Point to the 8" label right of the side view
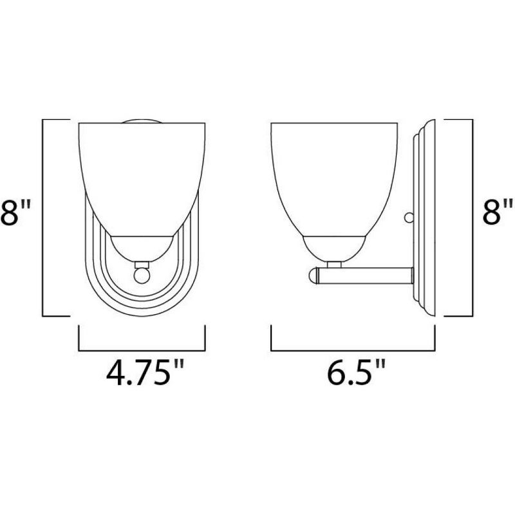(x=498, y=212)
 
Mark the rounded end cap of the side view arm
(x=314, y=276)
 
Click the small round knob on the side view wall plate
(x=407, y=219)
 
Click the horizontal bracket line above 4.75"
(x=142, y=350)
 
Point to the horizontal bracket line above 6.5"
(x=353, y=350)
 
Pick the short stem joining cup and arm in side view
(x=335, y=263)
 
